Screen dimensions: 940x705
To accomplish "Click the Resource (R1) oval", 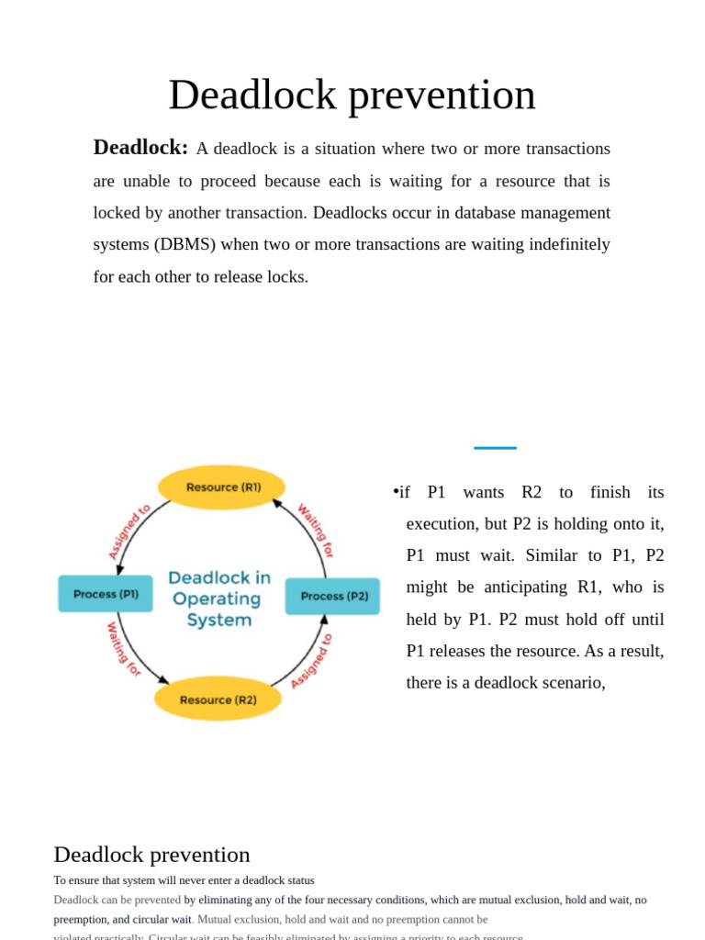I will coord(222,487).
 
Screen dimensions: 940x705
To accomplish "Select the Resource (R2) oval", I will coord(218,699).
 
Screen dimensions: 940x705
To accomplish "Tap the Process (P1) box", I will coord(106,594).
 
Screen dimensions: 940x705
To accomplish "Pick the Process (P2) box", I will coord(333,596).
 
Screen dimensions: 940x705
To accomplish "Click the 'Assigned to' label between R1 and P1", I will coord(129,532).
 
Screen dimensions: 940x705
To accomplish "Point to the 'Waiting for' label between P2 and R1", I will coord(315,530).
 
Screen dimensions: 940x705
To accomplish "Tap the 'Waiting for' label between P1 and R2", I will coord(124,649).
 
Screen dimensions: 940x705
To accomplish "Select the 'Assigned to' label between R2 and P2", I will coord(311,660).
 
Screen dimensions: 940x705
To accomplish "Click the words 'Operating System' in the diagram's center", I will coord(218,610).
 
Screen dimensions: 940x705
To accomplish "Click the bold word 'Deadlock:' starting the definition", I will coord(140,148).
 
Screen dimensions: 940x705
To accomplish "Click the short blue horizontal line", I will coord(495,448).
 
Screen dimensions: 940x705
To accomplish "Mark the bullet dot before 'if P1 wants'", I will coord(396,492).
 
